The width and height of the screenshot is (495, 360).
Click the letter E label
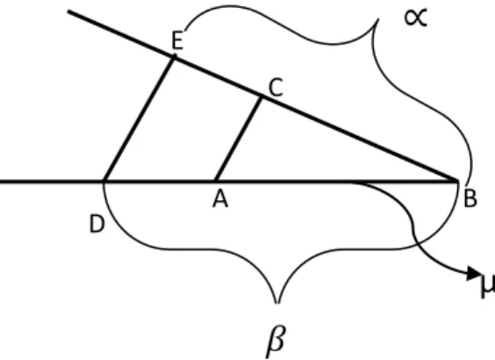[177, 40]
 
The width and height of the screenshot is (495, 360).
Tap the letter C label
[276, 87]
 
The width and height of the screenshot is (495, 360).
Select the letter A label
[220, 199]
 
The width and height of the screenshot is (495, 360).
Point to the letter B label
[470, 199]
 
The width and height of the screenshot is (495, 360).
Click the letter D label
[97, 224]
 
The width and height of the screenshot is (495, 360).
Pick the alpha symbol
[416, 18]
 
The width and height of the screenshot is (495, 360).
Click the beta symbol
[276, 341]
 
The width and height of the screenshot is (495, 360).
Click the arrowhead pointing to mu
[473, 273]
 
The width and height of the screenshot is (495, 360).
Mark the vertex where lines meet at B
[457, 181]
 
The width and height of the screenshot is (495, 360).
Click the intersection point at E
[174, 57]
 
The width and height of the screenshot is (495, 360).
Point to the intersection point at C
[261, 97]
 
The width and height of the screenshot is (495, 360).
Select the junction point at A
[215, 181]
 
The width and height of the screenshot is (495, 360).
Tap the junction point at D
[104, 181]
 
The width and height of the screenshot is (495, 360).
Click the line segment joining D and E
[139, 119]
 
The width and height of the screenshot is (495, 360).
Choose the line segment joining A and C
[239, 139]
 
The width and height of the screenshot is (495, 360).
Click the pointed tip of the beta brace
[277, 303]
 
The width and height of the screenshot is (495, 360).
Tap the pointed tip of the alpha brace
[378, 19]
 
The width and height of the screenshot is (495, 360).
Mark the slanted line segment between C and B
[359, 139]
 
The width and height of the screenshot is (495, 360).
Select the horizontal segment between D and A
[160, 181]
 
